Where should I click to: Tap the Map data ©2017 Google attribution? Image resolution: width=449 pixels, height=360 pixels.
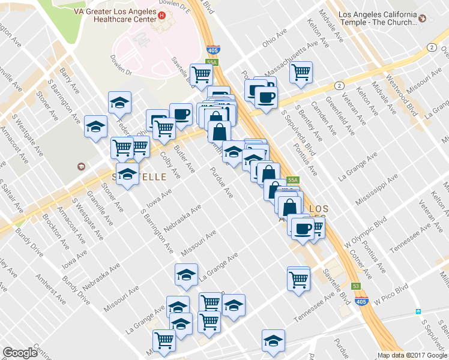(x=412, y=355)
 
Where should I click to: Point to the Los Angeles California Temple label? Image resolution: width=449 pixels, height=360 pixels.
(x=377, y=18)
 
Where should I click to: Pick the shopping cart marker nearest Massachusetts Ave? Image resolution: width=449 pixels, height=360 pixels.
(x=301, y=73)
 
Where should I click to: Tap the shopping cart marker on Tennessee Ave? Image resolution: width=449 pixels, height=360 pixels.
(x=298, y=278)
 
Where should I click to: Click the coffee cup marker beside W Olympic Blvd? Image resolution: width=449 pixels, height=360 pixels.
(x=302, y=227)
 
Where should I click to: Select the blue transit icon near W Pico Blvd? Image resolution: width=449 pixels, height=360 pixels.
(x=418, y=312)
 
